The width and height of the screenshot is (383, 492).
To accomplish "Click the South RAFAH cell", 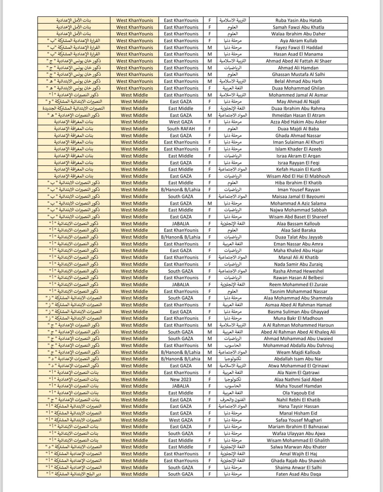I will [x=180, y=129].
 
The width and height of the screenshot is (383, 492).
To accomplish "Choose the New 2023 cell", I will [x=180, y=379].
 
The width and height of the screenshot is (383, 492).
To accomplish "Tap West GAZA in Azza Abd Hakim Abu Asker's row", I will [x=180, y=122].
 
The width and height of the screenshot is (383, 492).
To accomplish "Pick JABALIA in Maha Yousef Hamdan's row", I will [x=180, y=386].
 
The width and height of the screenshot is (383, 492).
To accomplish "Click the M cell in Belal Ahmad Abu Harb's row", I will [x=210, y=81].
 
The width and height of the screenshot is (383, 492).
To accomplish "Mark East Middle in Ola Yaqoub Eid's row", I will [x=180, y=393].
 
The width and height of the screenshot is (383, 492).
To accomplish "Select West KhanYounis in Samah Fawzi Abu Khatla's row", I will [x=135, y=27].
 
